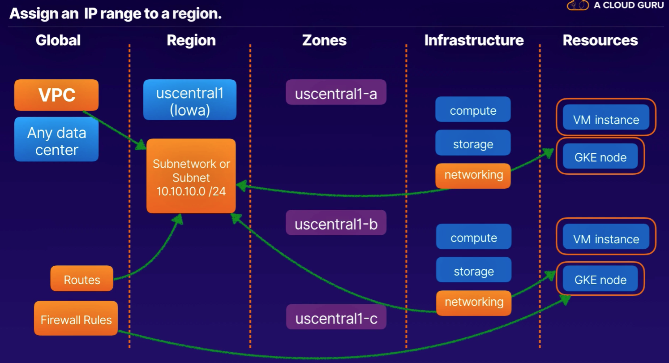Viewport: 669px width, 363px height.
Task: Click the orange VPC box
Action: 56,95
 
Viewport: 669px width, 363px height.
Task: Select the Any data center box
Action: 56,139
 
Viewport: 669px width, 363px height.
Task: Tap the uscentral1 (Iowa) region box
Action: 190,99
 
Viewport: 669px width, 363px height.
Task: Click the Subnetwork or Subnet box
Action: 191,176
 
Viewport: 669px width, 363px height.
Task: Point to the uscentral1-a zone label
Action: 336,92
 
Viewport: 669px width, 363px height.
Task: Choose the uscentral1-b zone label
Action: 336,222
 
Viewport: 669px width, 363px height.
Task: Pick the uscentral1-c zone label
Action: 336,317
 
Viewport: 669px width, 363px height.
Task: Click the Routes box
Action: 82,278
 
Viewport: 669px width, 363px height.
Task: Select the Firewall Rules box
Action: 76,318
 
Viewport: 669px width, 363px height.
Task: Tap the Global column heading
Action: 58,40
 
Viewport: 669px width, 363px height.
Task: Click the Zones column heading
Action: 324,40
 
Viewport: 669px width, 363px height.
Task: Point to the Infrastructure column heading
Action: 474,40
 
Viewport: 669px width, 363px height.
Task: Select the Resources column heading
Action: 600,40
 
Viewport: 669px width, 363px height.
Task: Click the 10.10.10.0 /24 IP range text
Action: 191,191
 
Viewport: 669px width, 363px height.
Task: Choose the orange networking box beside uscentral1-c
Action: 474,303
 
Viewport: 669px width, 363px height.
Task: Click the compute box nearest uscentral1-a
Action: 473,109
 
